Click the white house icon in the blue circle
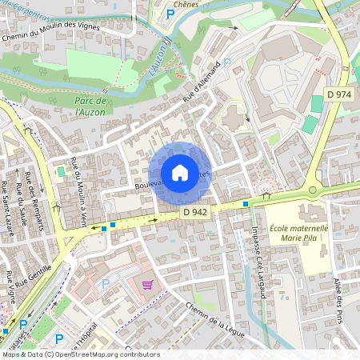[180, 173]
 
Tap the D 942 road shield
[195, 212]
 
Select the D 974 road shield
[339, 94]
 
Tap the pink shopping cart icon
[146, 284]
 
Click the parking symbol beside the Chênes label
[170, 14]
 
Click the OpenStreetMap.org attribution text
[102, 354]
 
